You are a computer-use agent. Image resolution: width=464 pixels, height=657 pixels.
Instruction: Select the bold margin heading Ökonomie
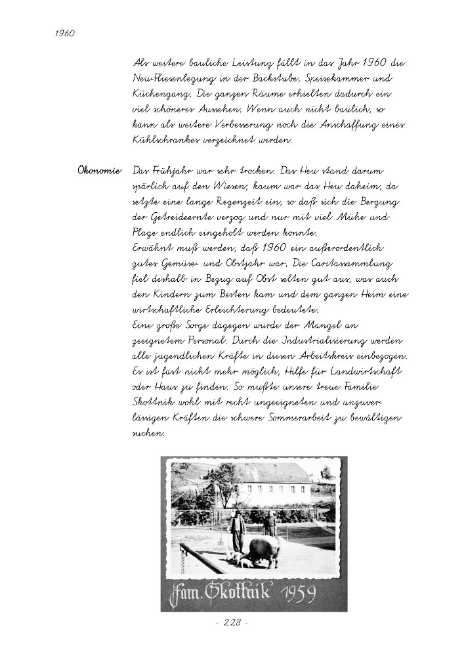[x=99, y=171]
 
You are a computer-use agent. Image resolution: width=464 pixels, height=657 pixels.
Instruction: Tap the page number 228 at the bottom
[x=232, y=623]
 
